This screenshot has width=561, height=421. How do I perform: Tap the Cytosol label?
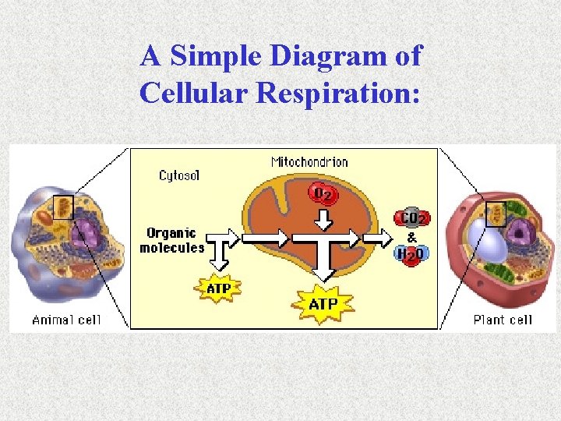pos(179,175)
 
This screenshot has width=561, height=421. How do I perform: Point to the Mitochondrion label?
pos(309,162)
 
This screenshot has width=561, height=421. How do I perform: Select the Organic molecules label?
pos(171,240)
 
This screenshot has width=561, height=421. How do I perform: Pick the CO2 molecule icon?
pos(413,218)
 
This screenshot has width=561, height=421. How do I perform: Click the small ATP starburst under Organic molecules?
pos(218,288)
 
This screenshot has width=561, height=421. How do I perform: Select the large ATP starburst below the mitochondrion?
pos(323,303)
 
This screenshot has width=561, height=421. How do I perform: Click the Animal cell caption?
pos(67,320)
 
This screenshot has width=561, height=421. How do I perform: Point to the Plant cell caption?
pos(503,320)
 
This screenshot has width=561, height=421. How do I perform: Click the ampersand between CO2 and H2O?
pos(412,236)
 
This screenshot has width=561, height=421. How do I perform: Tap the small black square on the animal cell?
pos(62,207)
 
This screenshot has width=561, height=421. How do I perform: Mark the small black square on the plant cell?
pos(496,214)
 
